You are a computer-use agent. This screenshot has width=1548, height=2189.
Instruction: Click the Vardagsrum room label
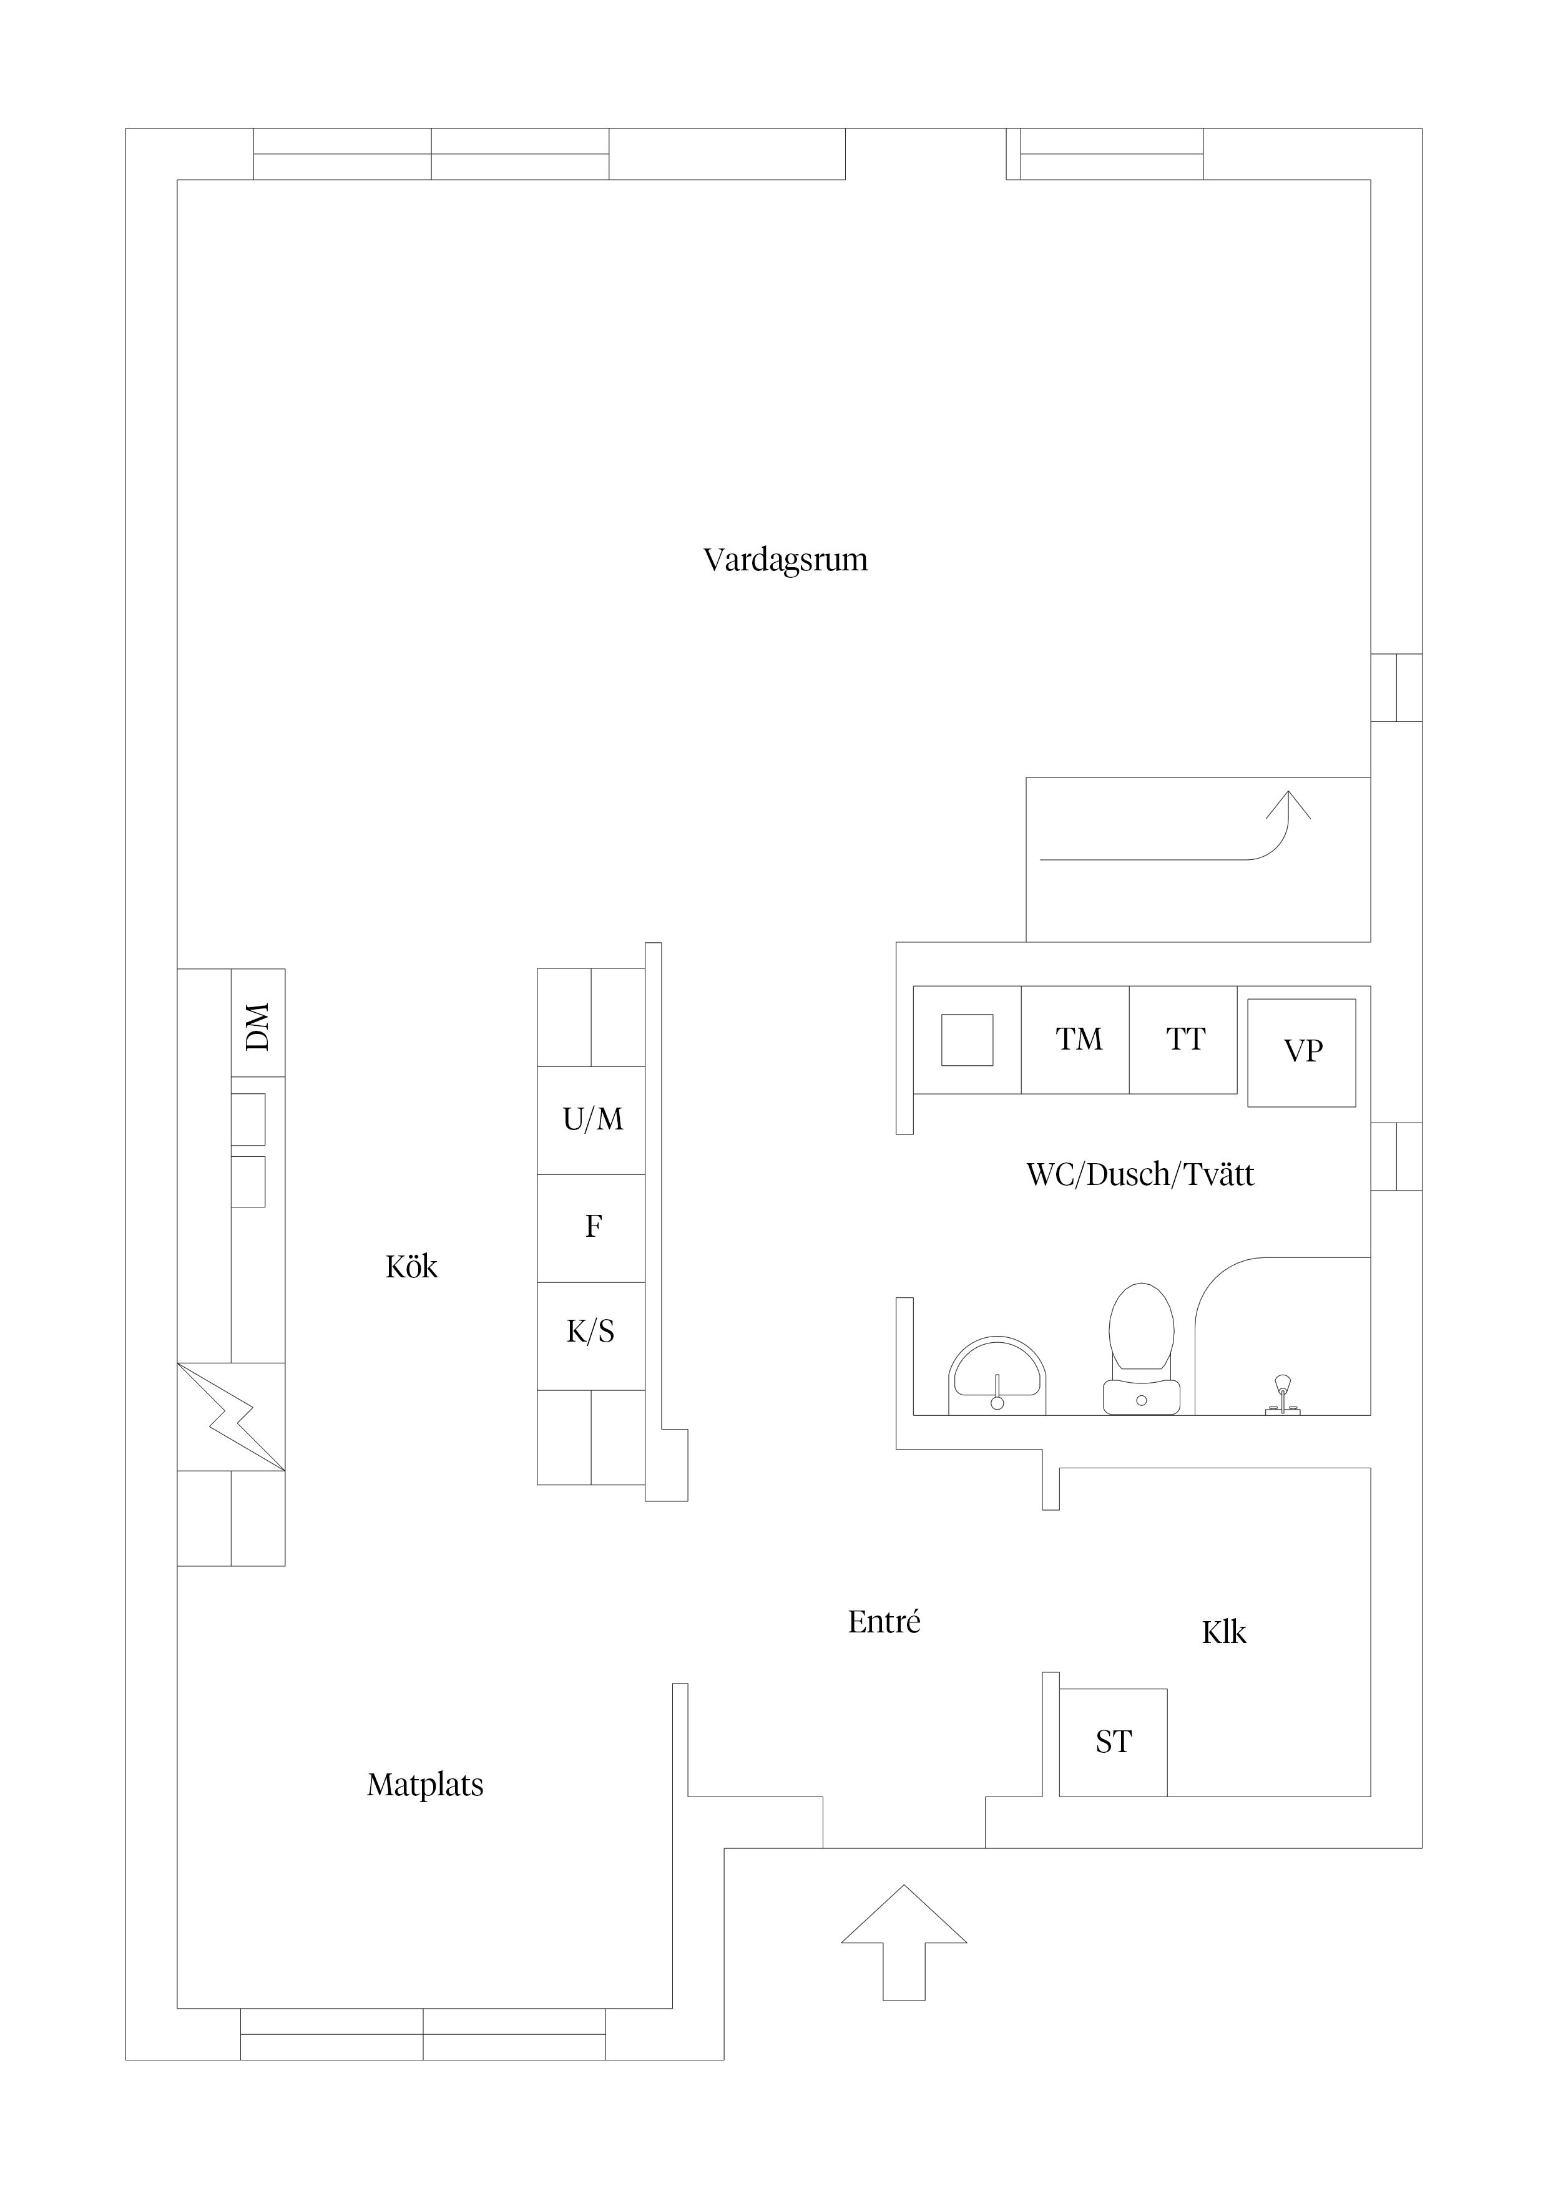point(785,560)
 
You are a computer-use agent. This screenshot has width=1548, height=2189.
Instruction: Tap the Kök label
point(411,1267)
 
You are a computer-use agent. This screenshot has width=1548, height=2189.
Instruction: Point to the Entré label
point(884,1622)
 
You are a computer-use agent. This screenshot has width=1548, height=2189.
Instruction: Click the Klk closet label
point(1223,1632)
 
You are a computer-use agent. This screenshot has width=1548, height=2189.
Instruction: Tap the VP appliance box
point(1302,1053)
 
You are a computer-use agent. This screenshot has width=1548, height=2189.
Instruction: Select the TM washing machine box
point(1076,1039)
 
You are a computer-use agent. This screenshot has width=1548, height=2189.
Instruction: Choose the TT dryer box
point(1183,1039)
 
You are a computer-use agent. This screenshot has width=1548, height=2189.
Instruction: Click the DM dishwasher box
point(258,1023)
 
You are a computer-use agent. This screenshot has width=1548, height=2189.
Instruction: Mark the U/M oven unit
point(591,1120)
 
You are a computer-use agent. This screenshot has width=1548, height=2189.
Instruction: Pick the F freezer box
point(591,1228)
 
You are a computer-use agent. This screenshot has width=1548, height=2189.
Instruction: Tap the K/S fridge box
point(591,1336)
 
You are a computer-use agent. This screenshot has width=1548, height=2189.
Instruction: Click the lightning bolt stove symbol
point(231,1416)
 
